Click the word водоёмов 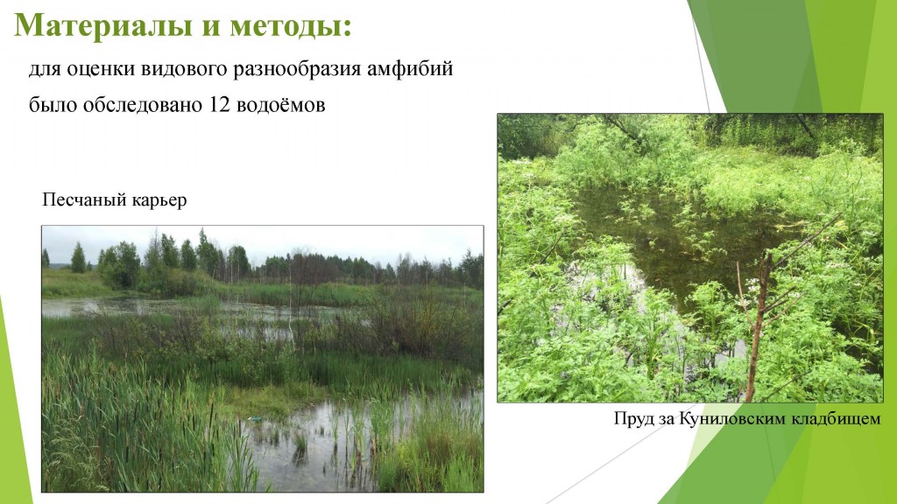tap(281, 105)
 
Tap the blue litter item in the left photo tap(255, 418)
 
